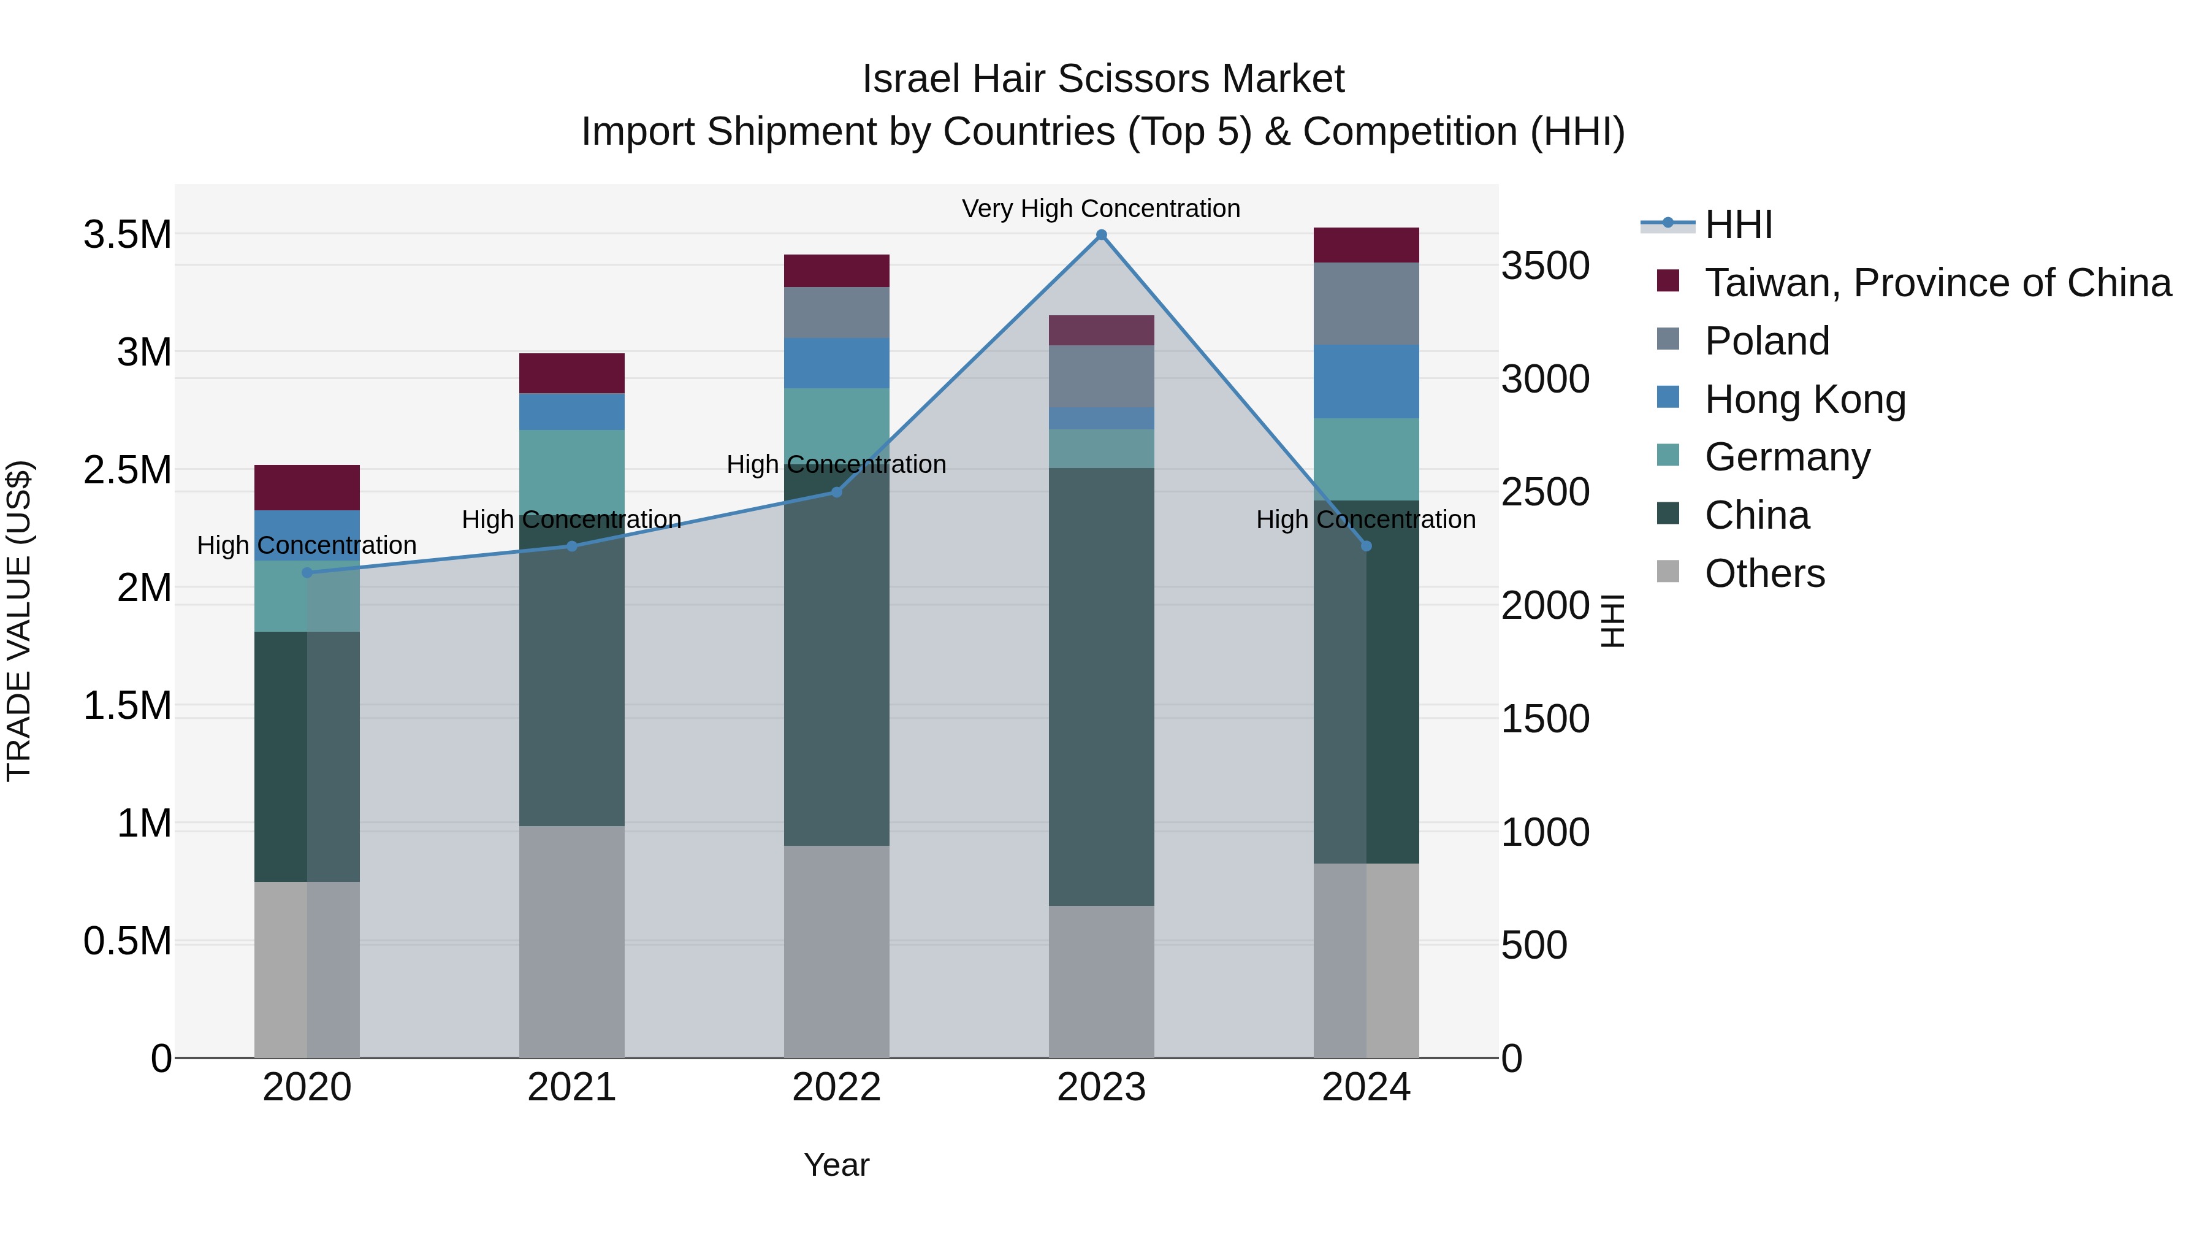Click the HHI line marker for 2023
click(1101, 235)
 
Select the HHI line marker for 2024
click(1366, 546)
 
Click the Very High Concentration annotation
click(1101, 209)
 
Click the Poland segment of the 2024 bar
click(1366, 304)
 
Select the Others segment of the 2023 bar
click(1101, 981)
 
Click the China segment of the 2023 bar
click(1101, 686)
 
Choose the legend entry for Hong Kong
click(1804, 399)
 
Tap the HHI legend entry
click(1737, 224)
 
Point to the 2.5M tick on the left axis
click(128, 470)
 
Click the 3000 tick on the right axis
click(1545, 379)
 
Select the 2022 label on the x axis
click(836, 1087)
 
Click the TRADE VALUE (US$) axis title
click(19, 621)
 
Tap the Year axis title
click(836, 1165)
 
